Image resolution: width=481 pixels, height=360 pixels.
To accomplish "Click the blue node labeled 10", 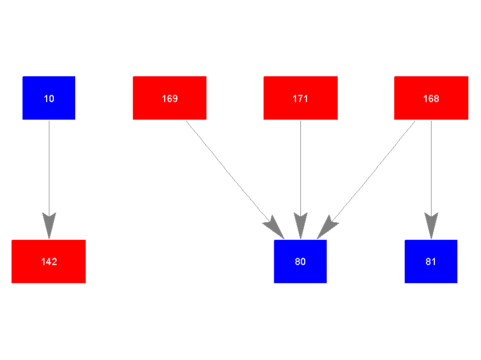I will coord(49,98).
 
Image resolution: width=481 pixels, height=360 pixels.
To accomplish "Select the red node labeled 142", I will coord(48,261).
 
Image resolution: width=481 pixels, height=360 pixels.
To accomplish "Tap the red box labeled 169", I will coord(170,98).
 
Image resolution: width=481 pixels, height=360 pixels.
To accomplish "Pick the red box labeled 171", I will coord(300,98).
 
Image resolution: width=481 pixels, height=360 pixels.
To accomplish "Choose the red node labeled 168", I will coord(431,98).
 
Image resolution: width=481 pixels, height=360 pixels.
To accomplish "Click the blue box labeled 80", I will coord(300,261).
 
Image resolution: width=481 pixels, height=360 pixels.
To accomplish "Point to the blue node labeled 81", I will coord(431,261).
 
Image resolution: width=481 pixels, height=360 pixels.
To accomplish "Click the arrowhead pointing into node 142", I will coord(49,226).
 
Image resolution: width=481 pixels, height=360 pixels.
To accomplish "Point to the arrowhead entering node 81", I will coord(431,226).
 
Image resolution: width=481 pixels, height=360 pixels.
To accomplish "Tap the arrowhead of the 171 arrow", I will coord(300,226).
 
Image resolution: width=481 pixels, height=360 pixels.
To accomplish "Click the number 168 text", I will coord(431,99).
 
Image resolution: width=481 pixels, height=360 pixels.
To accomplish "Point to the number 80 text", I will coord(300,262).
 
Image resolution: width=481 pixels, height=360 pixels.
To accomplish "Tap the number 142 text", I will coord(49,262).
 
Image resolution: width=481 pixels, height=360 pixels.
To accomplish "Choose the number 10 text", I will coord(49,99).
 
